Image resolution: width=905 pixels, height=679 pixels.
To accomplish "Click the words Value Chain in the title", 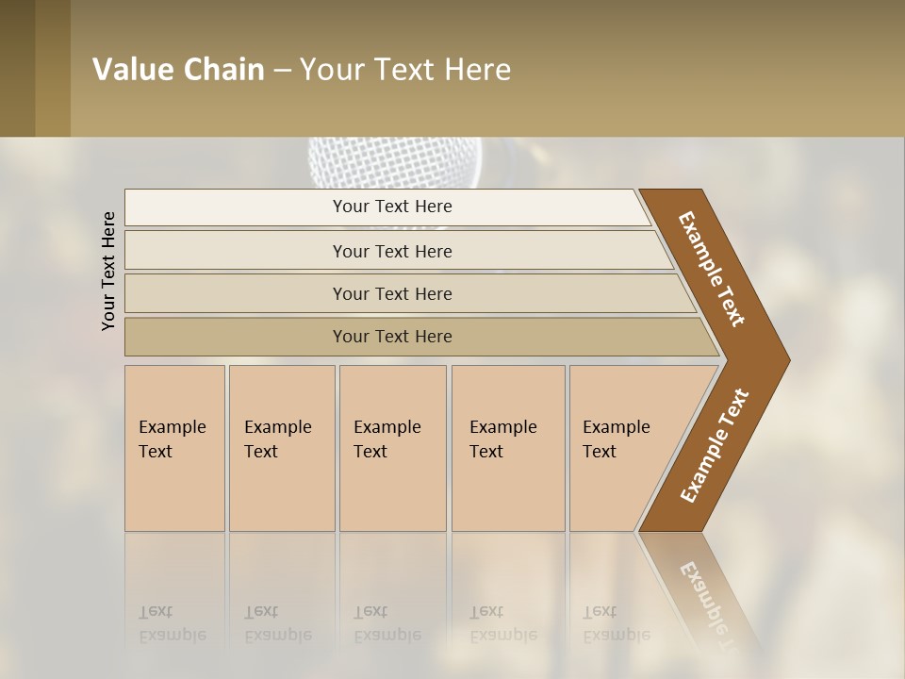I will (x=178, y=70).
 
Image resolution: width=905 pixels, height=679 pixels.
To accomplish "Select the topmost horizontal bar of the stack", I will (x=391, y=207).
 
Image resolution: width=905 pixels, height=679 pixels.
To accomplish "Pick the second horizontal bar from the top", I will (x=391, y=251).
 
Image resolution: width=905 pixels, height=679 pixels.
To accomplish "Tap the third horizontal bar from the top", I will (x=391, y=293).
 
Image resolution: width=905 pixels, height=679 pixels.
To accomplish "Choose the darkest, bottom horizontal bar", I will (x=391, y=337).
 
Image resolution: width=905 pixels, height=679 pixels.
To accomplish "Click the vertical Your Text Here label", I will (x=108, y=271).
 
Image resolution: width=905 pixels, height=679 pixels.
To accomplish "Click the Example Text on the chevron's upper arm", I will (x=712, y=269).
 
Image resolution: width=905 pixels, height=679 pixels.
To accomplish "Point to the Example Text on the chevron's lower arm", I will (x=714, y=446).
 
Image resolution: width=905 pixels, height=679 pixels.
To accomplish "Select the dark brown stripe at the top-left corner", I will (x=18, y=68).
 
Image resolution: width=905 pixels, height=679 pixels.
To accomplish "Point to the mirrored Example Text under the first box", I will (x=173, y=624).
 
